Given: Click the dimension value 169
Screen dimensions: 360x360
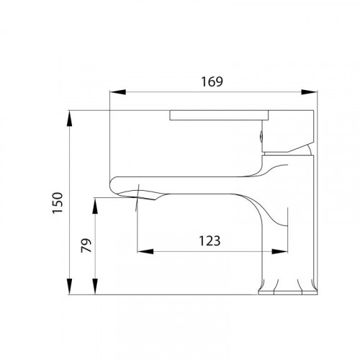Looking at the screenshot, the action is click(212, 81).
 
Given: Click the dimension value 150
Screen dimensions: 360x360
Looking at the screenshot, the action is click(58, 203).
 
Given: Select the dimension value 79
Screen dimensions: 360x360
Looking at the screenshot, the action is click(86, 245).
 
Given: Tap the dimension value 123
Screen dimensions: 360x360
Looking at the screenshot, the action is click(210, 241).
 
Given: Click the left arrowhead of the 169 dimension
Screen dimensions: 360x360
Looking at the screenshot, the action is click(117, 92).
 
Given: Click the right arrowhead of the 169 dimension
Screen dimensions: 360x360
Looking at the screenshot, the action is click(309, 92).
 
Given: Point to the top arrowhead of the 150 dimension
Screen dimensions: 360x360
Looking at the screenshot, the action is click(69, 118).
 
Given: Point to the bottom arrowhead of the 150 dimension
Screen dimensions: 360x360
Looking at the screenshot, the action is click(69, 287).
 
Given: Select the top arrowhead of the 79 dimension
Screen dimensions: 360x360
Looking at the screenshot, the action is click(95, 205).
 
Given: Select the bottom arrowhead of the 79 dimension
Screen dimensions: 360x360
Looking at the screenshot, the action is click(95, 287).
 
